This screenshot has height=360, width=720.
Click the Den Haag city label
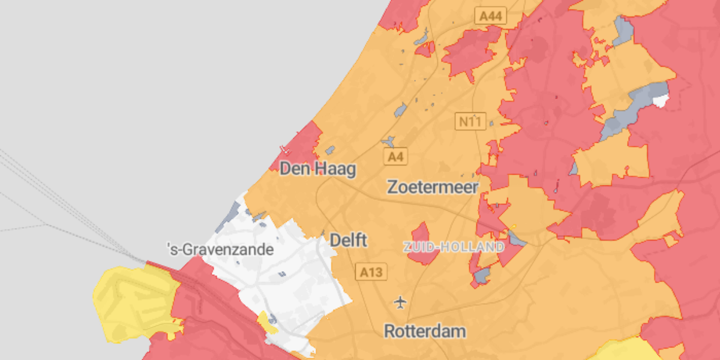tap(317, 169)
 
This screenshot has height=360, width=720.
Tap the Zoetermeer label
tap(433, 187)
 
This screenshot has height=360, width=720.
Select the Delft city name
tap(349, 241)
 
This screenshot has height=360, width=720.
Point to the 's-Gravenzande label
tap(220, 249)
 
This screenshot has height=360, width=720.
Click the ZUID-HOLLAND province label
tap(454, 247)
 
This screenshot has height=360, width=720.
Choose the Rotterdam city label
tap(425, 331)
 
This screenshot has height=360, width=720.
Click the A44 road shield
tap(490, 16)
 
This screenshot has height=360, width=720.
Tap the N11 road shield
tap(470, 122)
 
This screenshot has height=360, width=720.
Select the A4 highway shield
tap(395, 157)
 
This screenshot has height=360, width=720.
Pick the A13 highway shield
tap(371, 272)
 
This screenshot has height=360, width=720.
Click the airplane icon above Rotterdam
tap(400, 301)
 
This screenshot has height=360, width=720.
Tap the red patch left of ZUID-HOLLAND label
tap(422, 243)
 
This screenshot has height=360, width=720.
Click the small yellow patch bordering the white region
tap(266, 322)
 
